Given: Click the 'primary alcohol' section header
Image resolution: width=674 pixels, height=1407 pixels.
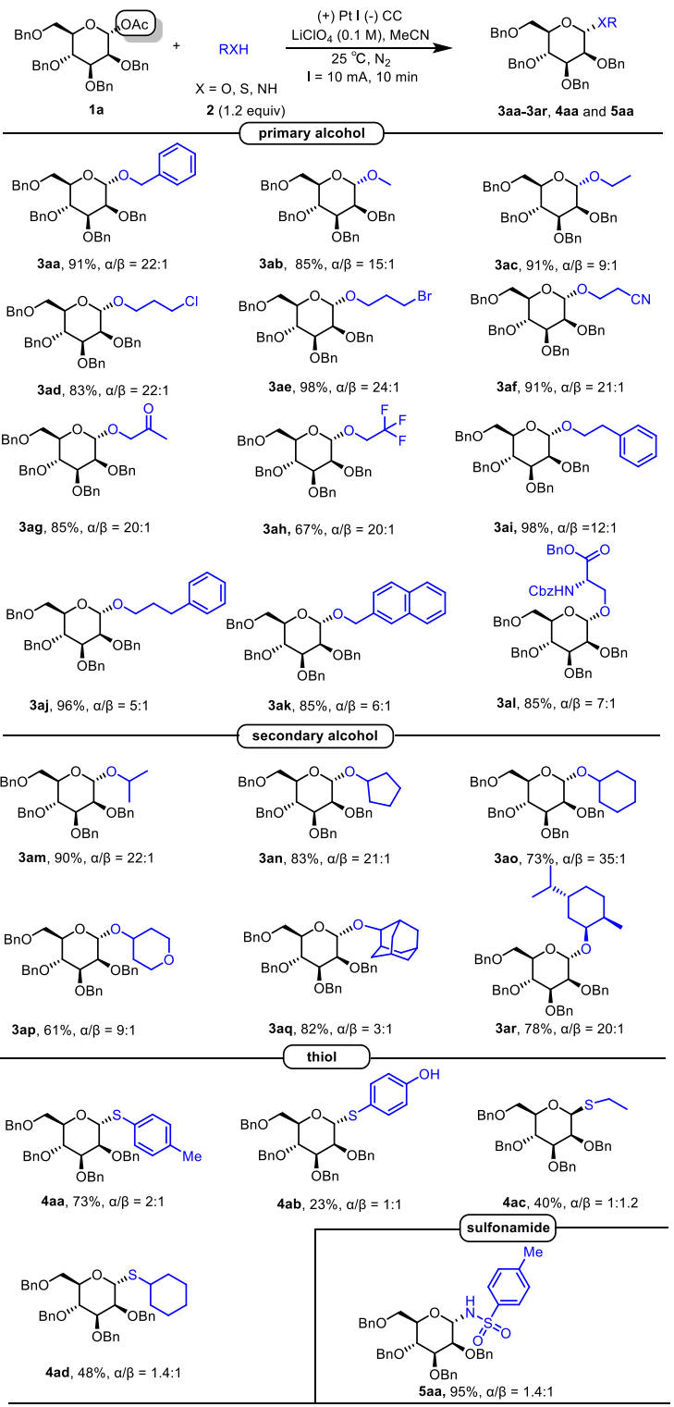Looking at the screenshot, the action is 312,133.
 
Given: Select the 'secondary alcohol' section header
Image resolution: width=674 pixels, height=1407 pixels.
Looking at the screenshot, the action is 315,735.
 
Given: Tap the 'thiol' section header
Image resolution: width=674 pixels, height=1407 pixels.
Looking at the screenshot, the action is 322,1056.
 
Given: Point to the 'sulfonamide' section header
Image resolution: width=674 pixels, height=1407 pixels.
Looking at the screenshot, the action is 509,1228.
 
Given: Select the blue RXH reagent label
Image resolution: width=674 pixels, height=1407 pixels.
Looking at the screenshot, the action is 234,50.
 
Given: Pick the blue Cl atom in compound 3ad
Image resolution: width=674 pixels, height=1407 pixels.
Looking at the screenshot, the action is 191,302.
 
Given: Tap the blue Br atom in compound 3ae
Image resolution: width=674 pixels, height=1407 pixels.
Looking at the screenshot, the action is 424,296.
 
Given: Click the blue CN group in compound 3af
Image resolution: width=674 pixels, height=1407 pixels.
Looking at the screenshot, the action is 641,300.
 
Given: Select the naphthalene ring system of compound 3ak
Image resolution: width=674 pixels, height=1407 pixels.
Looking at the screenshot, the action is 410,602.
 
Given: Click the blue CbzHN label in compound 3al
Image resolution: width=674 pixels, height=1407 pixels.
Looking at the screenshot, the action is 551,591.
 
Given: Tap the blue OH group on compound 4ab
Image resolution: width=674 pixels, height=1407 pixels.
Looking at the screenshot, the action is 429,1075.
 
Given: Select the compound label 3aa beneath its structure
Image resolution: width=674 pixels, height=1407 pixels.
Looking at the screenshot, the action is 48,265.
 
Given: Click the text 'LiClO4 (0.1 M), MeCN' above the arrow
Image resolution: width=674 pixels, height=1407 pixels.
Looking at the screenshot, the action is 361,36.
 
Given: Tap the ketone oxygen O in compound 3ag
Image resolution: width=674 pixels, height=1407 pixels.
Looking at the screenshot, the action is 149,410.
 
